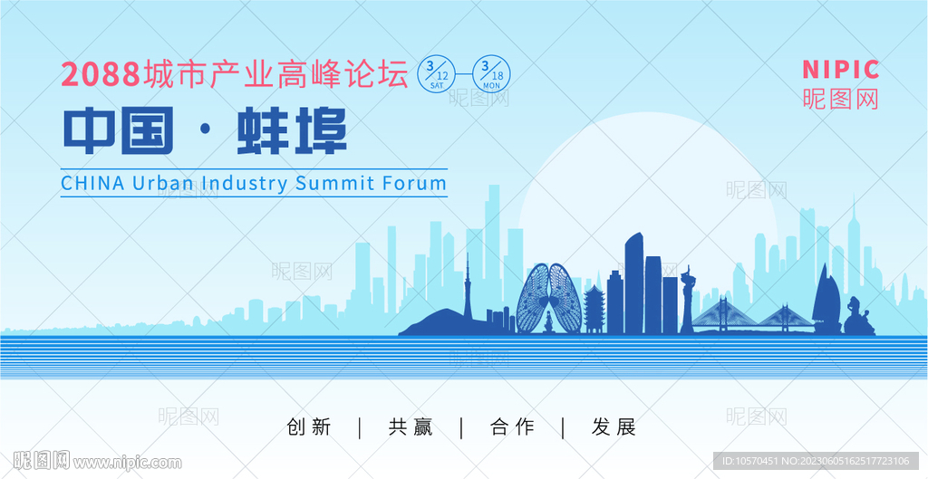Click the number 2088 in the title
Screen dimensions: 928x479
click(101, 74)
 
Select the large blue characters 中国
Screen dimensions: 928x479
click(119, 130)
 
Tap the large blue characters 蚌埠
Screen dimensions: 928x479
click(292, 130)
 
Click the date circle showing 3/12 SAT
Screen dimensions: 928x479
click(436, 74)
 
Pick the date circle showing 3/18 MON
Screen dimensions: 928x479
click(491, 74)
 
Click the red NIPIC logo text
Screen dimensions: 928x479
click(841, 70)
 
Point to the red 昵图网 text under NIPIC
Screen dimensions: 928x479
click(841, 99)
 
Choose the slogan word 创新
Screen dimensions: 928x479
click(308, 427)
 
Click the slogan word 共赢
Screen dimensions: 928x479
click(411, 427)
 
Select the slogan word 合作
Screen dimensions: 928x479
click(512, 427)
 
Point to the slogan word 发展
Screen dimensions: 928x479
click(614, 427)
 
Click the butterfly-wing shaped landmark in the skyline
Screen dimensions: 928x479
click(549, 299)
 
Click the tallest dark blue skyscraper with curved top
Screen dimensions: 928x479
click(633, 283)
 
